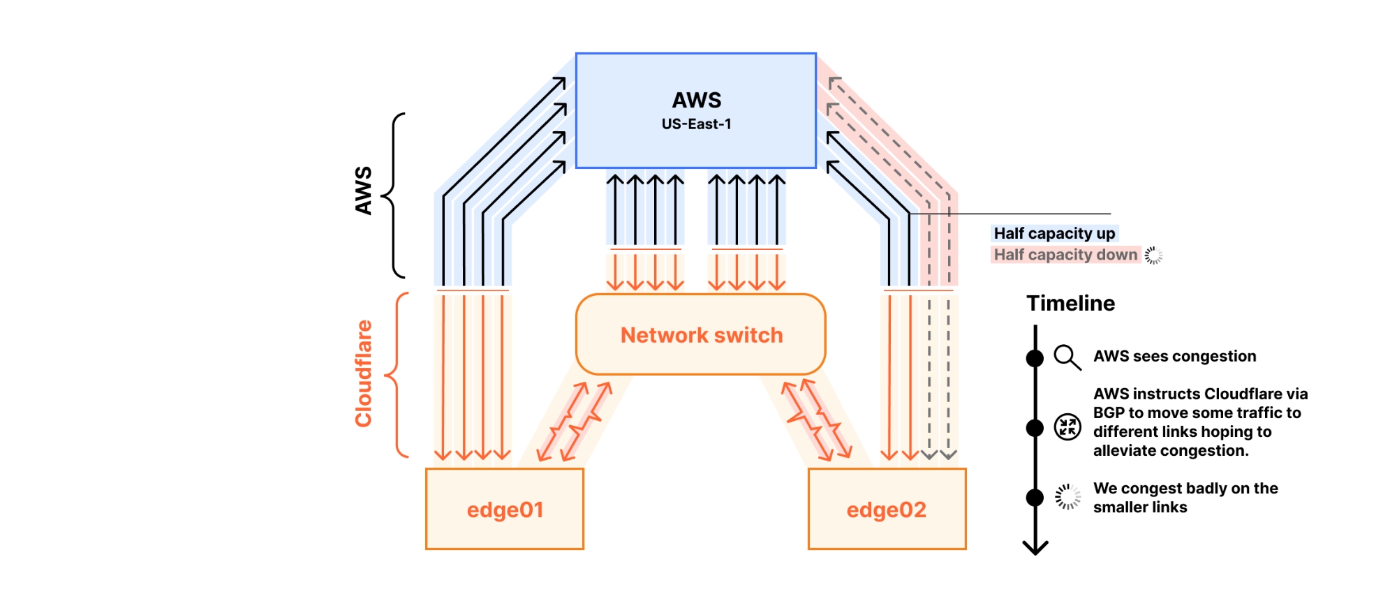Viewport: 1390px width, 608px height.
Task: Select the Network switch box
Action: pos(701,335)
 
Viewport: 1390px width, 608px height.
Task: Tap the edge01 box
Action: pos(505,510)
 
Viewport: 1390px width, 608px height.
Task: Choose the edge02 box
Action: pos(887,510)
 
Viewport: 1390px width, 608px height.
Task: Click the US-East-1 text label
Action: pos(696,124)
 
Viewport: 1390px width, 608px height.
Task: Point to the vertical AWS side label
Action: pos(363,191)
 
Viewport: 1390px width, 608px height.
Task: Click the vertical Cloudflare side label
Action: pos(363,373)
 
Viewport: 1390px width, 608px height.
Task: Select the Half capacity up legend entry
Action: pos(1054,233)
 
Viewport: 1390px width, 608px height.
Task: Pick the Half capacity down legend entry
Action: pos(1065,255)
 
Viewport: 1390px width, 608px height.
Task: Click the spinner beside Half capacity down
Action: pos(1153,255)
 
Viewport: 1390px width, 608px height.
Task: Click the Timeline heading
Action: pos(1070,304)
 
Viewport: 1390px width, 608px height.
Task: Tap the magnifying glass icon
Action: pos(1067,357)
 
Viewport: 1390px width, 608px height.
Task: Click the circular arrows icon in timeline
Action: pos(1067,427)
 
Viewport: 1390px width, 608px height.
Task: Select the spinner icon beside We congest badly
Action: pos(1067,496)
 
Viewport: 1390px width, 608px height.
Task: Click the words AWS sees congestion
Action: pos(1174,356)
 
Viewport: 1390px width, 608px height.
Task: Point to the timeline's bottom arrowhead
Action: pos(1035,548)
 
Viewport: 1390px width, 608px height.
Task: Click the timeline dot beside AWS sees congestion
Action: pos(1035,358)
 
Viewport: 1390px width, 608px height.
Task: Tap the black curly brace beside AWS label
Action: pos(394,195)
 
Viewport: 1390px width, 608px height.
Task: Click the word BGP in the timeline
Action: pos(1109,413)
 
